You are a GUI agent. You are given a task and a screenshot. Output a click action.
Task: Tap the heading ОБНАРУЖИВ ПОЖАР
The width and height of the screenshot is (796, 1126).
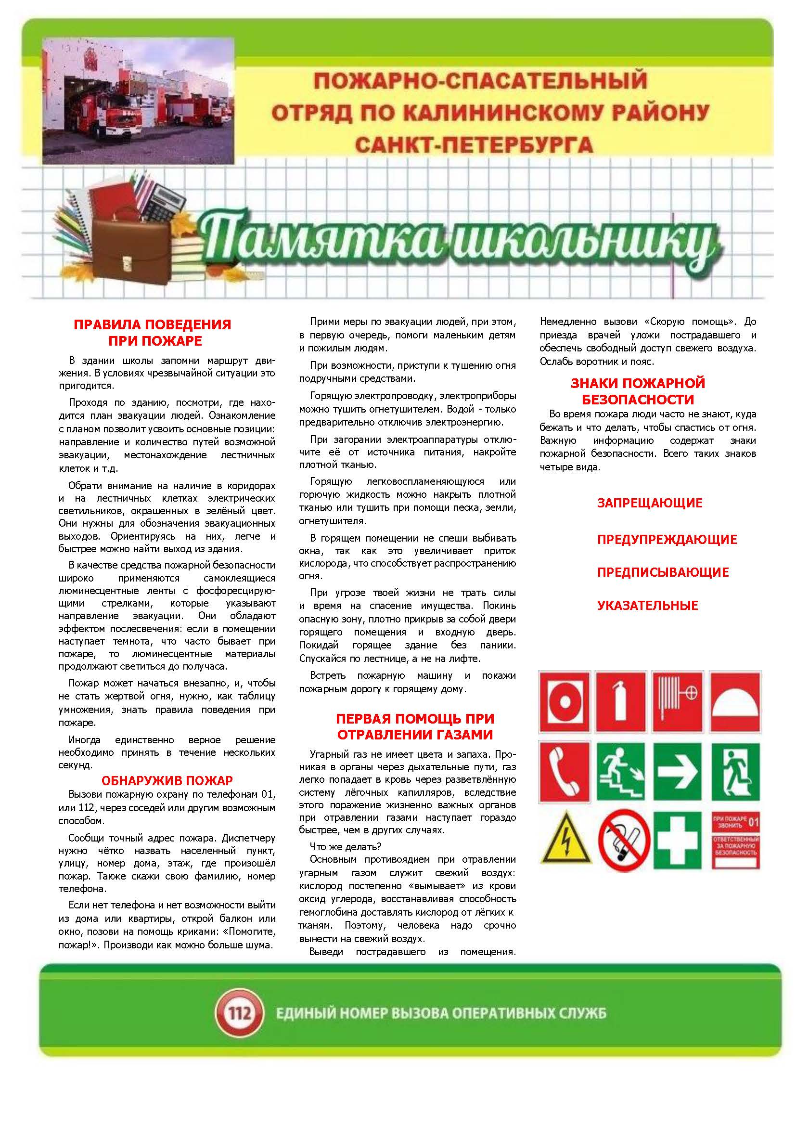tap(167, 780)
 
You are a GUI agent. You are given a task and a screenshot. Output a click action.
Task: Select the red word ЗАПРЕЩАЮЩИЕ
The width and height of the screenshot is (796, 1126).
tap(649, 503)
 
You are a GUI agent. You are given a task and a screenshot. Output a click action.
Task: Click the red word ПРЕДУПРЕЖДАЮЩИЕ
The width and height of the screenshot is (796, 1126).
tap(667, 540)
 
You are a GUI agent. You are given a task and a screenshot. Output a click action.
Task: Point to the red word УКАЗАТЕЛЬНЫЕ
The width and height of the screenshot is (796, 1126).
tap(647, 605)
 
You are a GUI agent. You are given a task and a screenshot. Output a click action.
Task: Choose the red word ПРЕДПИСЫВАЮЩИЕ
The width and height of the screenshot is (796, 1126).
tap(663, 572)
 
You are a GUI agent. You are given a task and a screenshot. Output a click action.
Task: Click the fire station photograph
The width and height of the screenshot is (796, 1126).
tap(138, 102)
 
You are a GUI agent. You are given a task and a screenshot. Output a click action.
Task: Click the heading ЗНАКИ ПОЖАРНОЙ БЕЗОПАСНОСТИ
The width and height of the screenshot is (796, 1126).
tap(637, 391)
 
